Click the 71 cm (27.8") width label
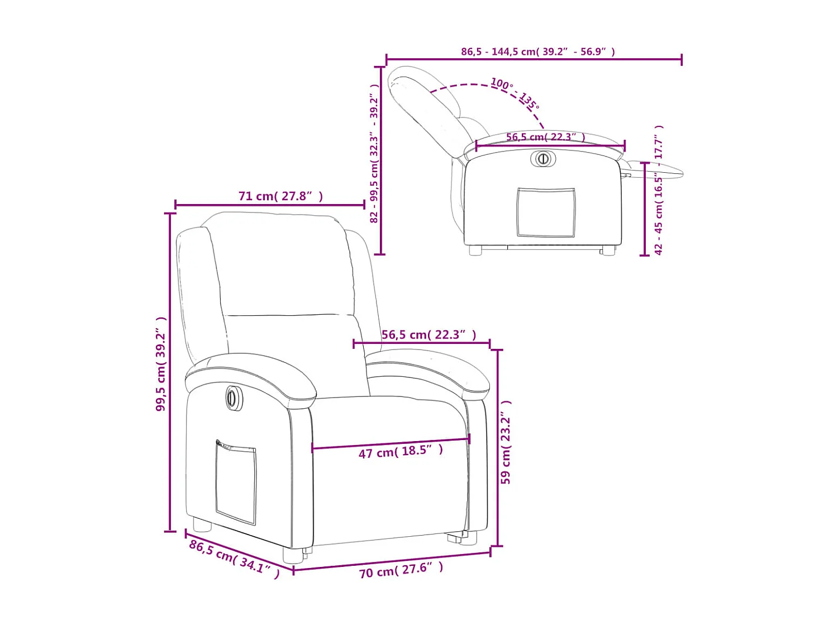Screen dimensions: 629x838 click(x=280, y=196)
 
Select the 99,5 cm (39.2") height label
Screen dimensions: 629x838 click(x=161, y=364)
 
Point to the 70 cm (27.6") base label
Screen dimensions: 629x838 click(x=401, y=570)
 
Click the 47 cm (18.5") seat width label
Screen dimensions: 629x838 click(x=401, y=451)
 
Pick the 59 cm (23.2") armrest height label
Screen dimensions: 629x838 click(x=506, y=442)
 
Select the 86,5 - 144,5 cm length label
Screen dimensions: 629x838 click(x=537, y=51)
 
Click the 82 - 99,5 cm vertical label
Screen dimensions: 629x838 click(x=374, y=154)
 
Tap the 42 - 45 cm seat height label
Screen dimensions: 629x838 click(x=659, y=190)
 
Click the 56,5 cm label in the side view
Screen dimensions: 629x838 click(x=545, y=137)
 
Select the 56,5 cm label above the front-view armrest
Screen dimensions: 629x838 click(x=428, y=335)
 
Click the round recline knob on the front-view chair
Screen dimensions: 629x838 click(x=234, y=398)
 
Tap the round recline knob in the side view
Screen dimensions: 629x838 click(x=542, y=159)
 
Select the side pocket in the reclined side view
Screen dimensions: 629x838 click(x=546, y=212)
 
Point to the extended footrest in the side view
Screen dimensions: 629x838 click(x=659, y=169)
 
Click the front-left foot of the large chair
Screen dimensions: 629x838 click(x=293, y=555)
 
